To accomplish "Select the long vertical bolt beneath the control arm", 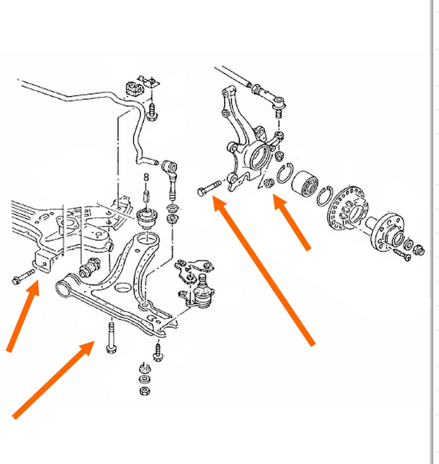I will click(111, 337).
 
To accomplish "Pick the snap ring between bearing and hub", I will click(324, 196).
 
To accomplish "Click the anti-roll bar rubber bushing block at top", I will click(132, 87).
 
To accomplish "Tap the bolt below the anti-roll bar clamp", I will click(152, 112).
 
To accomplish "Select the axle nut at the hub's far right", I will click(419, 251).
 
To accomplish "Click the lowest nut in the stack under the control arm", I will click(144, 391).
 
